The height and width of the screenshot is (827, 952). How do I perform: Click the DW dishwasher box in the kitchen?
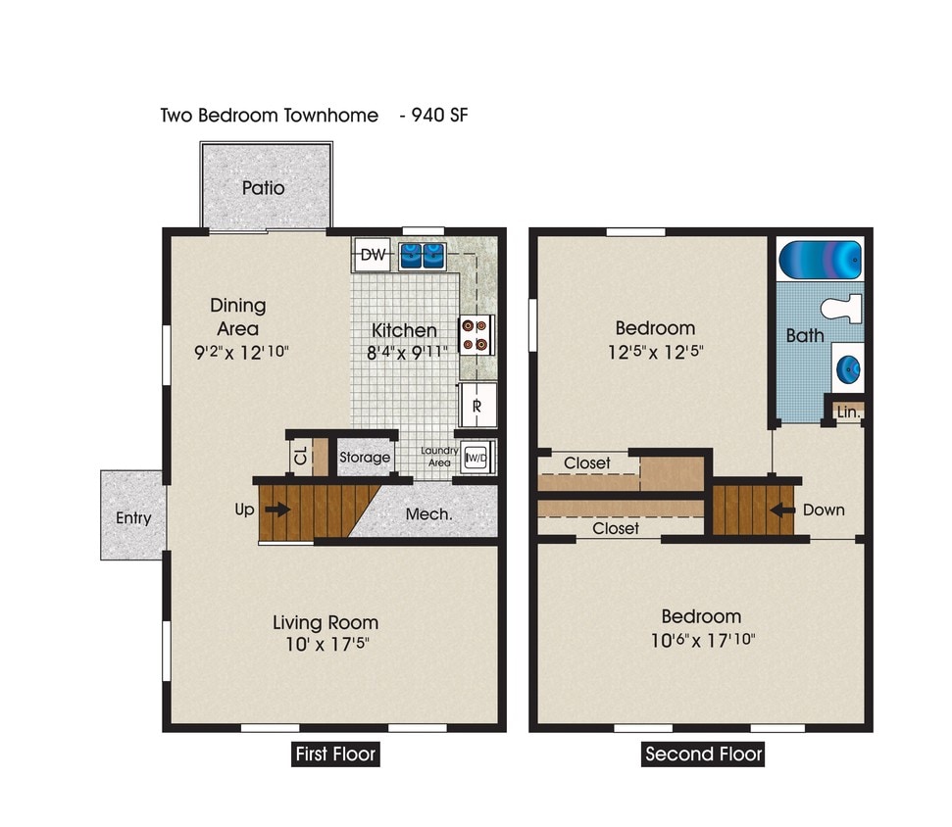(373, 256)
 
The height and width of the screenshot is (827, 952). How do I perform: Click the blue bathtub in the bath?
(820, 261)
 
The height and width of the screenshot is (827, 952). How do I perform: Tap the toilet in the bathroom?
(841, 309)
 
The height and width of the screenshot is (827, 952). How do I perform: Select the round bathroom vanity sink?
(846, 368)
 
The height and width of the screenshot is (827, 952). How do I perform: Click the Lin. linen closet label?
(848, 413)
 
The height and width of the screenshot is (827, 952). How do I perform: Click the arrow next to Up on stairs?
(277, 510)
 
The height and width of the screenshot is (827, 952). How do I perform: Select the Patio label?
(264, 187)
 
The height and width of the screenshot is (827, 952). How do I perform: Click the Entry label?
(133, 517)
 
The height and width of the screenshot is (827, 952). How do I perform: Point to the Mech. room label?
(428, 513)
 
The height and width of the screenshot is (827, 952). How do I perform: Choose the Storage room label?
(365, 458)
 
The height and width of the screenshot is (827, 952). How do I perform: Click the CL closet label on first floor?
(301, 457)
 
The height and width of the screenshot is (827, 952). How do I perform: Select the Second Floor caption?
(702, 755)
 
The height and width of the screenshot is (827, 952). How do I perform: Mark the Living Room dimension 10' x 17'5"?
(326, 645)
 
